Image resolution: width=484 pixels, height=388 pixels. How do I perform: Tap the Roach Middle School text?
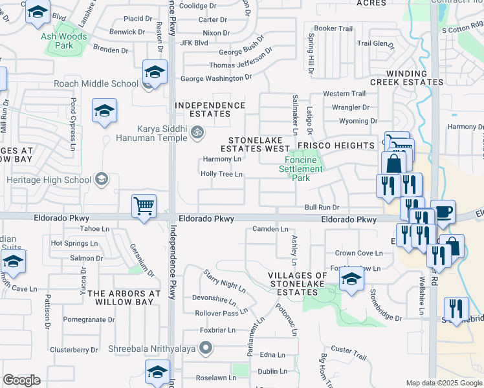96,83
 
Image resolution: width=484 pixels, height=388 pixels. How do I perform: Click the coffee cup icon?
443,213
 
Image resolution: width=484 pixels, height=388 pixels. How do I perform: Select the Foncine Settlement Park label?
300,165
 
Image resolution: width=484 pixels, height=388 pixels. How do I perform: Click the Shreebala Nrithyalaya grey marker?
206,349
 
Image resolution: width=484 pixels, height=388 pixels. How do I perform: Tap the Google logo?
22,380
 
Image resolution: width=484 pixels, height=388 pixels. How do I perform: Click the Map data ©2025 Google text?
444,383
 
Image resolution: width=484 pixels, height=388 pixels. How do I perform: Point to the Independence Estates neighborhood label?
210,109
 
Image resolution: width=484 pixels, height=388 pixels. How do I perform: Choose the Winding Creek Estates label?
406,78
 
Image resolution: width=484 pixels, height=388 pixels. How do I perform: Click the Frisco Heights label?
336,145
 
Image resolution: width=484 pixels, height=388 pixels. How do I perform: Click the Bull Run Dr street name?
322,207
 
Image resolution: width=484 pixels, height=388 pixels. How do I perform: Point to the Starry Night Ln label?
225,280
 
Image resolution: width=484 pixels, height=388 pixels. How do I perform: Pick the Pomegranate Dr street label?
89,319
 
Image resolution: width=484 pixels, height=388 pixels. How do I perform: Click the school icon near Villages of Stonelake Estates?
351,279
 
